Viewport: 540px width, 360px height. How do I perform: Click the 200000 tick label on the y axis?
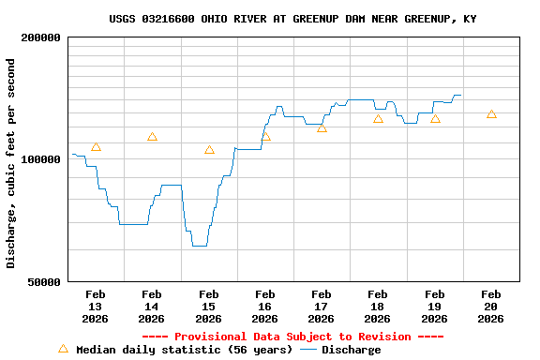point(40,37)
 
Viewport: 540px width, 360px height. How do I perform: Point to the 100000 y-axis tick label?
point(40,159)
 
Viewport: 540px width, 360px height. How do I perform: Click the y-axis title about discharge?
point(11,163)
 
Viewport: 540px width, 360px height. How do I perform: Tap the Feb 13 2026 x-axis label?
point(96,307)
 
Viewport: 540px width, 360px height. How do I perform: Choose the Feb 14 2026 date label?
point(152,307)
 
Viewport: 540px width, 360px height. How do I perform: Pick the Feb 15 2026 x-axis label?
point(208,307)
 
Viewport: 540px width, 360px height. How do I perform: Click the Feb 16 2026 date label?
point(265,307)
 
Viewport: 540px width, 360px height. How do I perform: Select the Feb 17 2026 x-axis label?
point(322,307)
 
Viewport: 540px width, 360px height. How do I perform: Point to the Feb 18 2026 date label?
point(378,307)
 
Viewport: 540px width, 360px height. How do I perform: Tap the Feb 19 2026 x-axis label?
point(435,307)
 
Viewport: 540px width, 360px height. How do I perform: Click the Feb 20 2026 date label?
point(491,307)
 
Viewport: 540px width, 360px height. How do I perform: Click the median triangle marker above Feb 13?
point(96,147)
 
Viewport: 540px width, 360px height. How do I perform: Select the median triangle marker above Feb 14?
point(152,137)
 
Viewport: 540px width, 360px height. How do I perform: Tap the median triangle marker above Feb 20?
point(491,114)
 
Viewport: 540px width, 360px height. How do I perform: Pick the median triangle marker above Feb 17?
point(322,128)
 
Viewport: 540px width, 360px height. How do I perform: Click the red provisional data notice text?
point(292,337)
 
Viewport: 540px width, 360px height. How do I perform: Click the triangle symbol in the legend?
point(64,349)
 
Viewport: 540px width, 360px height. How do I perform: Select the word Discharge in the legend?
point(352,350)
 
